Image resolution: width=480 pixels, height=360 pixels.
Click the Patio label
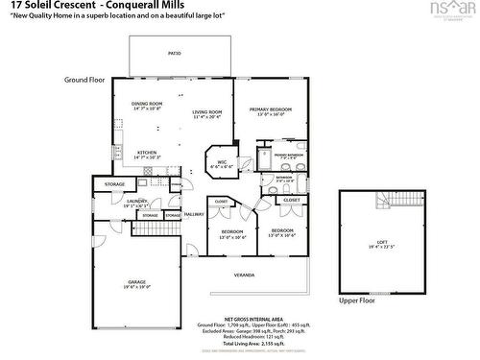(x=174, y=54)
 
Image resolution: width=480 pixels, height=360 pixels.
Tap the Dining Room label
(x=147, y=106)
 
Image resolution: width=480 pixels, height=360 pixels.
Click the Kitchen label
(x=147, y=154)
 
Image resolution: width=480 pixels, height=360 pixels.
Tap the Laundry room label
(x=134, y=204)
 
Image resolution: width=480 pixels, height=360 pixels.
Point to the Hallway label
(x=194, y=214)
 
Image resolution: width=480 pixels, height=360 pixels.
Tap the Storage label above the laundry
(x=114, y=183)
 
